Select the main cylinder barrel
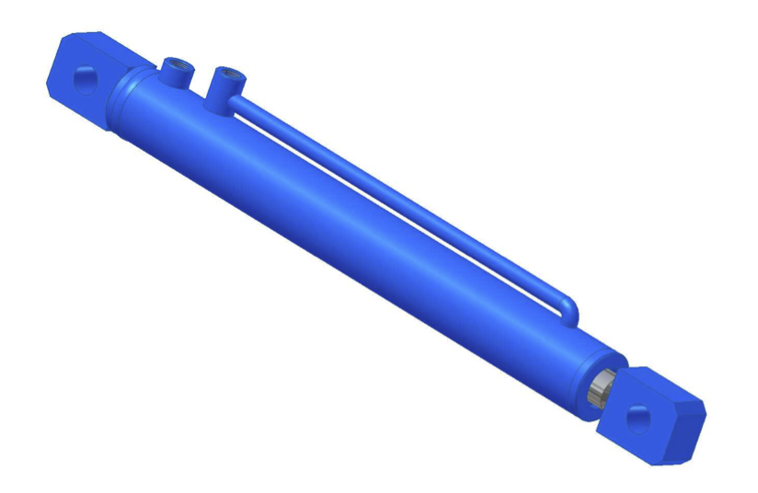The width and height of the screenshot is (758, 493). [350, 230]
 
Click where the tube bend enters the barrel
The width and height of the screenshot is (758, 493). [563, 322]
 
